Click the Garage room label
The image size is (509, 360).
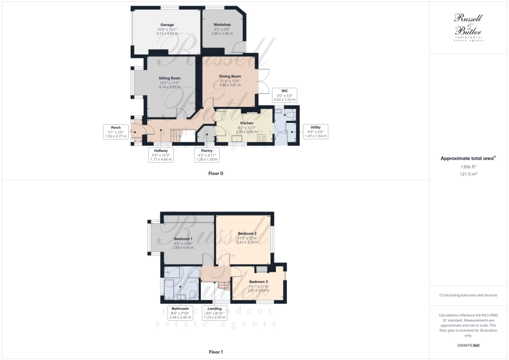[x=167, y=24]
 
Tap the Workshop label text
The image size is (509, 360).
[x=222, y=24]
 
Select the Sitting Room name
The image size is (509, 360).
[x=170, y=78]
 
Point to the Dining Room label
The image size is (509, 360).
[x=230, y=76]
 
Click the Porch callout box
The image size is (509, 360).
[x=116, y=132]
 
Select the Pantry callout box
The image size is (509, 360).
[x=207, y=155]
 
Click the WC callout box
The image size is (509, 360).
[x=284, y=95]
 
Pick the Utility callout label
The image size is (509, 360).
[x=315, y=131]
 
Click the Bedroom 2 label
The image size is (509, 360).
[x=247, y=234]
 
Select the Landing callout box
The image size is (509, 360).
[x=215, y=313]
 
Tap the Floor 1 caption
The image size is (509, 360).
[x=216, y=352]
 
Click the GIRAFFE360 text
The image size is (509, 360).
[x=469, y=345]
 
